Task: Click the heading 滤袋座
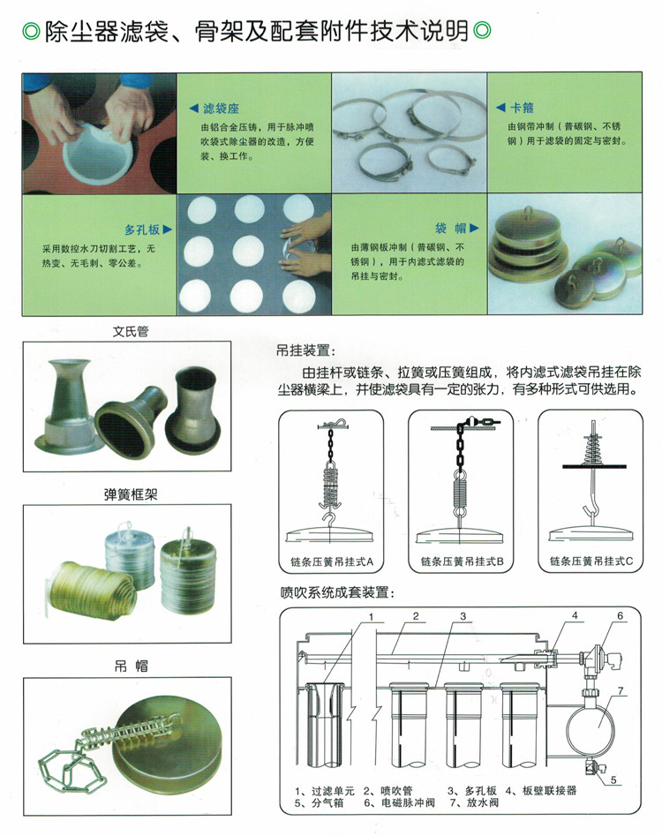(x=222, y=109)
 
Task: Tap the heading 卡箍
(x=522, y=108)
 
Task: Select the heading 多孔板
(x=142, y=230)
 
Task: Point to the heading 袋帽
(x=450, y=228)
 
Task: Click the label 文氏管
(x=131, y=331)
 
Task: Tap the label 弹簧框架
(x=131, y=494)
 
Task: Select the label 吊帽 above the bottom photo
(x=132, y=666)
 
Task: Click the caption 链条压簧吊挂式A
(x=332, y=561)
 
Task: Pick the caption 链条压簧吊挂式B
(x=463, y=561)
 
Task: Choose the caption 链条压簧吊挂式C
(x=591, y=561)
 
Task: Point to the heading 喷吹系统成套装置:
(x=338, y=592)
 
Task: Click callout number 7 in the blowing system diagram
(x=621, y=691)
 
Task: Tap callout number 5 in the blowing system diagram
(x=613, y=780)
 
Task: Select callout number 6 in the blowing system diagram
(x=620, y=616)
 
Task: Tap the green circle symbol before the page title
(x=32, y=31)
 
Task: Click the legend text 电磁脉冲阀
(x=409, y=802)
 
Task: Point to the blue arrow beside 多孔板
(x=168, y=230)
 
